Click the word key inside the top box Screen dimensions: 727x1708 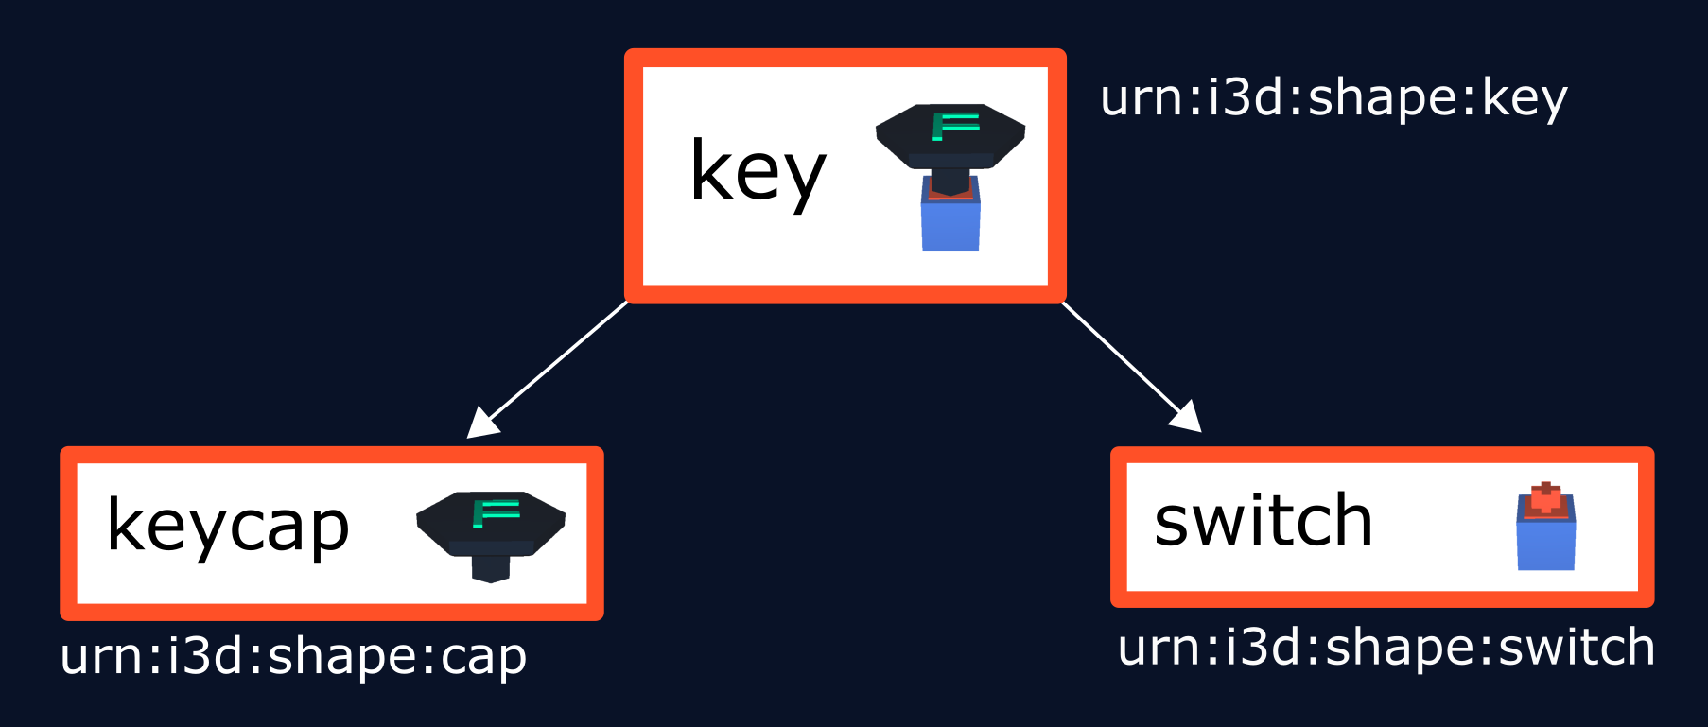click(x=758, y=172)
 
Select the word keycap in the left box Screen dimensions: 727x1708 click(x=228, y=527)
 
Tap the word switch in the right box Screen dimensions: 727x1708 click(x=1264, y=521)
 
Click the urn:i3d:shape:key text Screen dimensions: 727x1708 click(x=1333, y=98)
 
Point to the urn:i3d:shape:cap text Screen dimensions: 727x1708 click(x=293, y=656)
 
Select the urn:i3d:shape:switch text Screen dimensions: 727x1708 click(x=1386, y=648)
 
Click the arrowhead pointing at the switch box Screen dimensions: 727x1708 click(x=1186, y=417)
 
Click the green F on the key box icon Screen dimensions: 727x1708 click(x=954, y=125)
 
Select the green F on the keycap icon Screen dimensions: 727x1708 click(x=496, y=513)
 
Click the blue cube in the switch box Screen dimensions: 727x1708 click(x=1546, y=545)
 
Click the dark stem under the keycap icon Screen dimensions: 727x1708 click(x=491, y=567)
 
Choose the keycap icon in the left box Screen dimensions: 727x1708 click(x=491, y=535)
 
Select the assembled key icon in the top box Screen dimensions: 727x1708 click(x=950, y=176)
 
